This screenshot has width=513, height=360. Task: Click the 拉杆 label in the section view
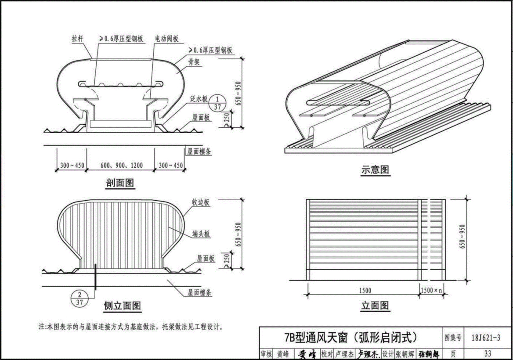point(77,39)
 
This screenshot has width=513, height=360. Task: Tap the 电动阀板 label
point(166,39)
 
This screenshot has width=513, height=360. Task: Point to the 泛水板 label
point(199,100)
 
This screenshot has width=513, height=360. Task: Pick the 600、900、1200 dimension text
point(121,166)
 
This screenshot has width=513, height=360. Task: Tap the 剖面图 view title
point(120,183)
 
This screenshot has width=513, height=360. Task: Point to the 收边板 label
point(201,202)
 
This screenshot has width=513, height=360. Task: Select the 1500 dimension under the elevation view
point(365,291)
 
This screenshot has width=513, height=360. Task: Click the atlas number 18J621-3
point(485,338)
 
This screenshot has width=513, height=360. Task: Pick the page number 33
point(488,353)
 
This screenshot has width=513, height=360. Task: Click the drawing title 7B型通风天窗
point(350,337)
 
